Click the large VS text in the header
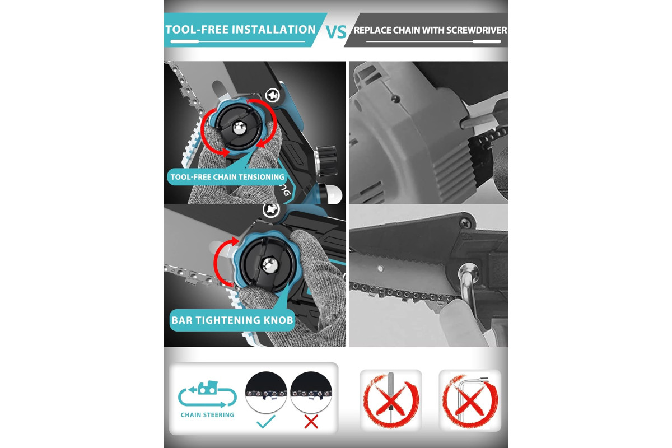[x=336, y=32]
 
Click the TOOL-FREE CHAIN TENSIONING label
[x=227, y=177]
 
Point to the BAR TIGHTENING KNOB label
[x=232, y=320]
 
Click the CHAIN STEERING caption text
[x=207, y=415]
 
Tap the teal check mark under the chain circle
[x=266, y=421]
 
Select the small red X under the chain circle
[x=311, y=422]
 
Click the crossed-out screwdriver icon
[x=391, y=400]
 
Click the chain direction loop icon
[x=207, y=394]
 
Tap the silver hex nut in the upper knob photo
[x=240, y=128]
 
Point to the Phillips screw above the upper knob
[x=273, y=95]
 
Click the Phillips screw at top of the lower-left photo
[x=271, y=210]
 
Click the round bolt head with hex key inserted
[x=468, y=273]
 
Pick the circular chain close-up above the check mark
[x=266, y=392]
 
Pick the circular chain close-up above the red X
[x=311, y=392]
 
